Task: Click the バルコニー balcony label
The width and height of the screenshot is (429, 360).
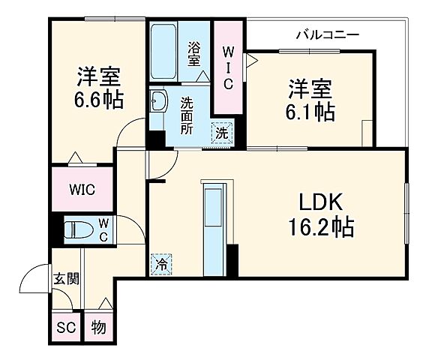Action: pyautogui.click(x=327, y=34)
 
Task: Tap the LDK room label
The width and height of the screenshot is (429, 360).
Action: pyautogui.click(x=321, y=202)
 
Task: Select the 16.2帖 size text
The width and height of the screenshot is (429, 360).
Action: pyautogui.click(x=321, y=226)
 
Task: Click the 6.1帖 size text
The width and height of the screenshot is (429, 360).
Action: pyautogui.click(x=310, y=112)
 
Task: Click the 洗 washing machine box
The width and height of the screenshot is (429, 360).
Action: pyautogui.click(x=222, y=133)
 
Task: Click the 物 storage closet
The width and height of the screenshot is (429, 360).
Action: pyautogui.click(x=97, y=327)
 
